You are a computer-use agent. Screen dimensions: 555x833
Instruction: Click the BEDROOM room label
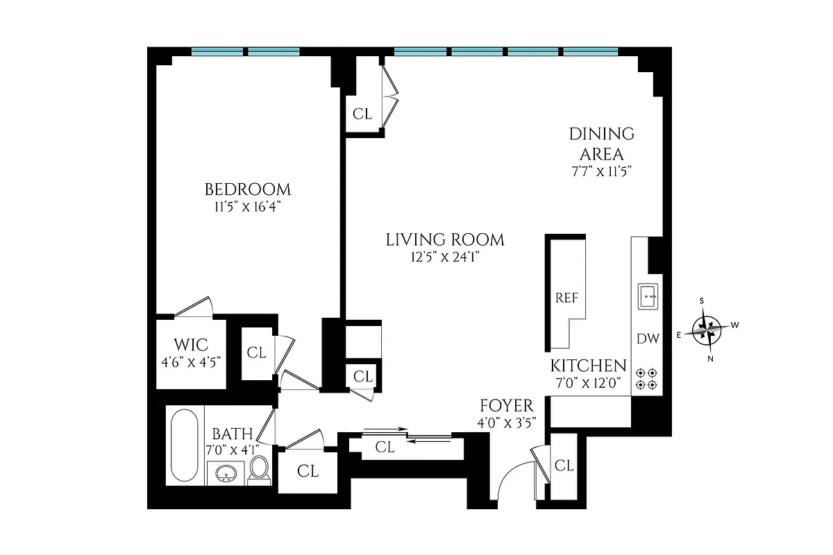tap(247, 189)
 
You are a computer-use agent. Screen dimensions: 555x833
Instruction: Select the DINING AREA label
tap(601, 144)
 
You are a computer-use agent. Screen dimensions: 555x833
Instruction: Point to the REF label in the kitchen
tap(566, 298)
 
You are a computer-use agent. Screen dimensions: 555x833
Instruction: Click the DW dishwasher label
tap(647, 339)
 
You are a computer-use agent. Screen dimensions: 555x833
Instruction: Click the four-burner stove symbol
tap(647, 378)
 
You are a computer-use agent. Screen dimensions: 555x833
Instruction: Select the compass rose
tap(707, 328)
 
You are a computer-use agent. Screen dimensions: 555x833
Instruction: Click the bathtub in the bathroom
tap(185, 445)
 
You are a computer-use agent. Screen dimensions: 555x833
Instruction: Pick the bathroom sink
tap(226, 475)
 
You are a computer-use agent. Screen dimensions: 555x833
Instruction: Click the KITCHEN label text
tap(588, 366)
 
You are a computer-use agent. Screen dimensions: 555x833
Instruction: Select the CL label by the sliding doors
tap(385, 448)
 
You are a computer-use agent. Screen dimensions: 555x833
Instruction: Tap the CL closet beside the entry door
tap(564, 466)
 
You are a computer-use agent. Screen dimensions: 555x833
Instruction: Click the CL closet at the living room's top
tap(362, 114)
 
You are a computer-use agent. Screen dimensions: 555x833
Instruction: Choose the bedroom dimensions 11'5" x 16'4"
tap(247, 207)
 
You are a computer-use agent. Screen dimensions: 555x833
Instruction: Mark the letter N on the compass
tap(710, 358)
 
